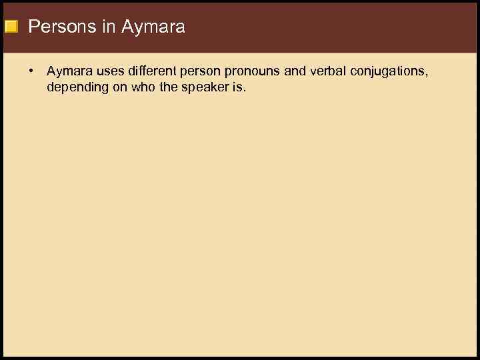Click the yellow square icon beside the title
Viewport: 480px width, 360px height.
click(x=11, y=27)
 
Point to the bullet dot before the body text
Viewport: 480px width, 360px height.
click(x=31, y=70)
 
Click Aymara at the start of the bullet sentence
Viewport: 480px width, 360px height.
click(x=67, y=71)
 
